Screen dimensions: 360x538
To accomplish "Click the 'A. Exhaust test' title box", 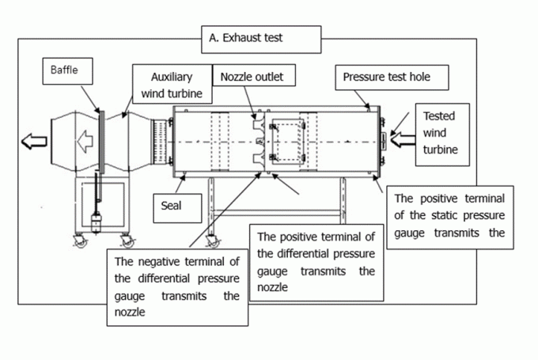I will pyautogui.click(x=262, y=37).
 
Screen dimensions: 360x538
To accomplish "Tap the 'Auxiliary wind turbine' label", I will pyautogui.click(x=175, y=85).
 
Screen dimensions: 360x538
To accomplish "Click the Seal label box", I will pyautogui.click(x=170, y=207).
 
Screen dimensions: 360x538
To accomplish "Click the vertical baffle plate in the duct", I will pyautogui.click(x=100, y=142).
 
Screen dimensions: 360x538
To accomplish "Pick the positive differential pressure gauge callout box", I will pyautogui.click(x=316, y=262).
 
